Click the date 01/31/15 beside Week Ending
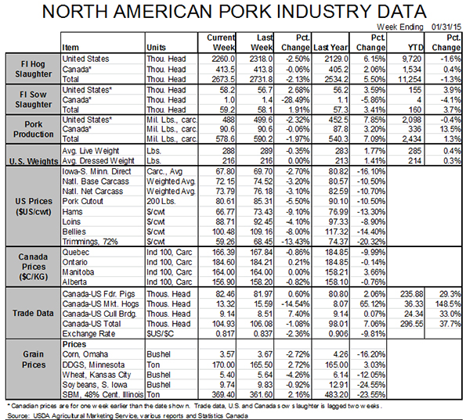pos(446,27)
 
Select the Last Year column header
pos(331,48)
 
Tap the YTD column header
pos(415,48)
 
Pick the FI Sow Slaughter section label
pos(33,99)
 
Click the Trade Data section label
pos(33,313)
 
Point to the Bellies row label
pos(74,232)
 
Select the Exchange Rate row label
pos(89,334)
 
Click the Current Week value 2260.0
pos(223,59)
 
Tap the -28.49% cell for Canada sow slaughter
pos(295,100)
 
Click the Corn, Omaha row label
pos(85,354)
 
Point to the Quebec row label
pos(75,253)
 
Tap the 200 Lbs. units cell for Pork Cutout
pos(161,201)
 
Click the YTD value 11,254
pos(410,79)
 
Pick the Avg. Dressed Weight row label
pos(98,161)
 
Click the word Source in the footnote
pos(18,415)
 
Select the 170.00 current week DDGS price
pos(223,364)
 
